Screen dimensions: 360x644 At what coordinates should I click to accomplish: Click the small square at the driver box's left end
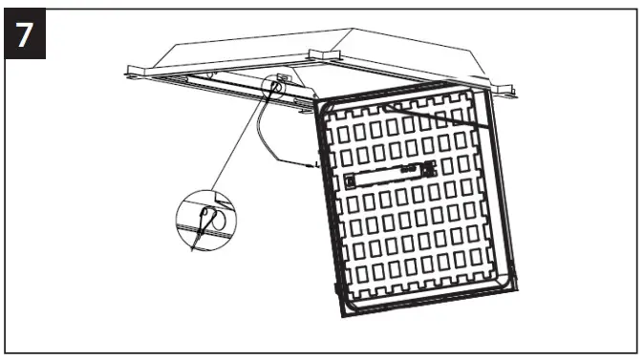pos(352,179)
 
